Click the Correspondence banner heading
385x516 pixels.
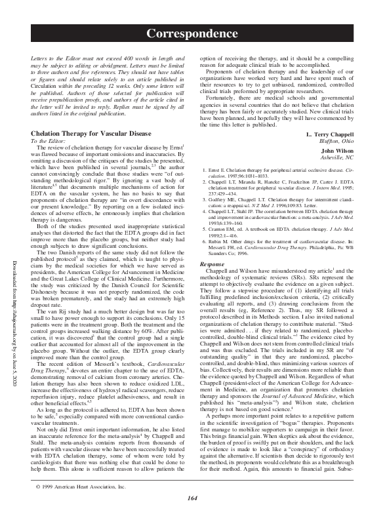192,32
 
